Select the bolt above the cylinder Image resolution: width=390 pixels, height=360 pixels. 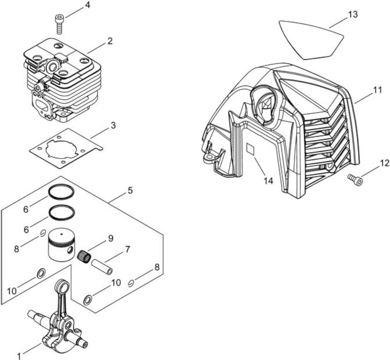(59, 24)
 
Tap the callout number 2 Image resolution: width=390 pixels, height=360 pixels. (110, 41)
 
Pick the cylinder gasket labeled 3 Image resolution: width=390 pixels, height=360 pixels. (66, 148)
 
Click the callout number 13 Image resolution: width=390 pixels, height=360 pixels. (353, 14)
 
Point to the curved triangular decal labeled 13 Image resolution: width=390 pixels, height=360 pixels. (311, 40)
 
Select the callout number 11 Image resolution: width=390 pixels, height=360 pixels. (377, 90)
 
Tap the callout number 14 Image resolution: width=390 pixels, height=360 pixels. (268, 181)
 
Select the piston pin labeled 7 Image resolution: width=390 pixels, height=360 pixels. (102, 267)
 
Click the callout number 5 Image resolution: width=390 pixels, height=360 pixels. (130, 191)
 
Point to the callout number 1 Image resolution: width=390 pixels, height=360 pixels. (19, 356)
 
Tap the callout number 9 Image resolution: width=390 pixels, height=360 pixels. (111, 238)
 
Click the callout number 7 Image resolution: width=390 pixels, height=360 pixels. (127, 249)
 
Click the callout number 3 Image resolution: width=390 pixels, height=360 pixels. (113, 125)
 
